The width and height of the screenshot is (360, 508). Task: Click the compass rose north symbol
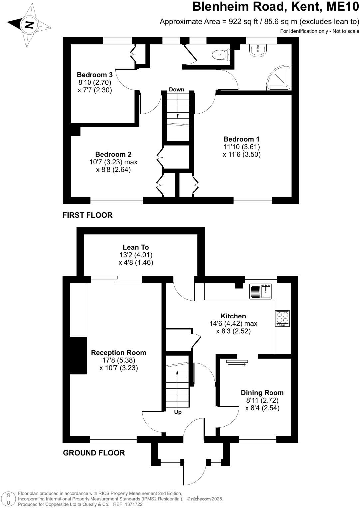(29, 25)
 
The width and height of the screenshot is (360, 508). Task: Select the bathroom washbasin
(258, 50)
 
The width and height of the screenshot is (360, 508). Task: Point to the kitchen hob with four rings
(282, 318)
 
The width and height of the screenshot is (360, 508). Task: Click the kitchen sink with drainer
(261, 291)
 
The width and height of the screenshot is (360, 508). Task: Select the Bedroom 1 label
(241, 139)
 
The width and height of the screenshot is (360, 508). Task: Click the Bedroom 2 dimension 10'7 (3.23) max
(113, 162)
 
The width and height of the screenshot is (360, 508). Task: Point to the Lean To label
(136, 247)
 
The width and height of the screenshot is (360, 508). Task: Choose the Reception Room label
(119, 353)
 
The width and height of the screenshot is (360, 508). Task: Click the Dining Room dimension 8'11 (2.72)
(262, 400)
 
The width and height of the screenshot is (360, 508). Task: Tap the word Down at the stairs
(176, 89)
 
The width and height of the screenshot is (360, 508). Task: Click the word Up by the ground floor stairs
(178, 412)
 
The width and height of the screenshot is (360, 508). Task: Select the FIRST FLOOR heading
(88, 215)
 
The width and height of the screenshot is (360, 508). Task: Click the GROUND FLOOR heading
(94, 453)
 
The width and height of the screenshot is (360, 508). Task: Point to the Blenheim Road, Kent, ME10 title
(276, 7)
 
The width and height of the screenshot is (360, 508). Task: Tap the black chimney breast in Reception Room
(78, 355)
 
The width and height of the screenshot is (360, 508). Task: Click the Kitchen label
(233, 316)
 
